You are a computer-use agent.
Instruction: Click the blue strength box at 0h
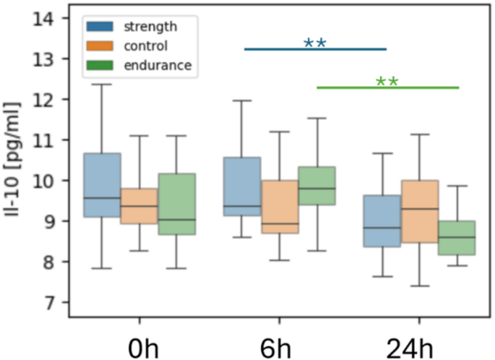pos(103,184)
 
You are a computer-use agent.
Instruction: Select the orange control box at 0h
pos(139,206)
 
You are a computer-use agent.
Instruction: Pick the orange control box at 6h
pos(279,207)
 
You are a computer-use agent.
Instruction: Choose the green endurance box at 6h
pos(317,186)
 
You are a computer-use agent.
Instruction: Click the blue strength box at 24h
pos(382,220)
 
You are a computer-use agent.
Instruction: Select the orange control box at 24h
pos(419,211)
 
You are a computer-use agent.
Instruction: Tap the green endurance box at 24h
pos(457,237)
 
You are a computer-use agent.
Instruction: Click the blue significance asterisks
pos(315,43)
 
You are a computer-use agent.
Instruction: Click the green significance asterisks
pos(387,81)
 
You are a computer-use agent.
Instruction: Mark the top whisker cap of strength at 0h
pos(103,85)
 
